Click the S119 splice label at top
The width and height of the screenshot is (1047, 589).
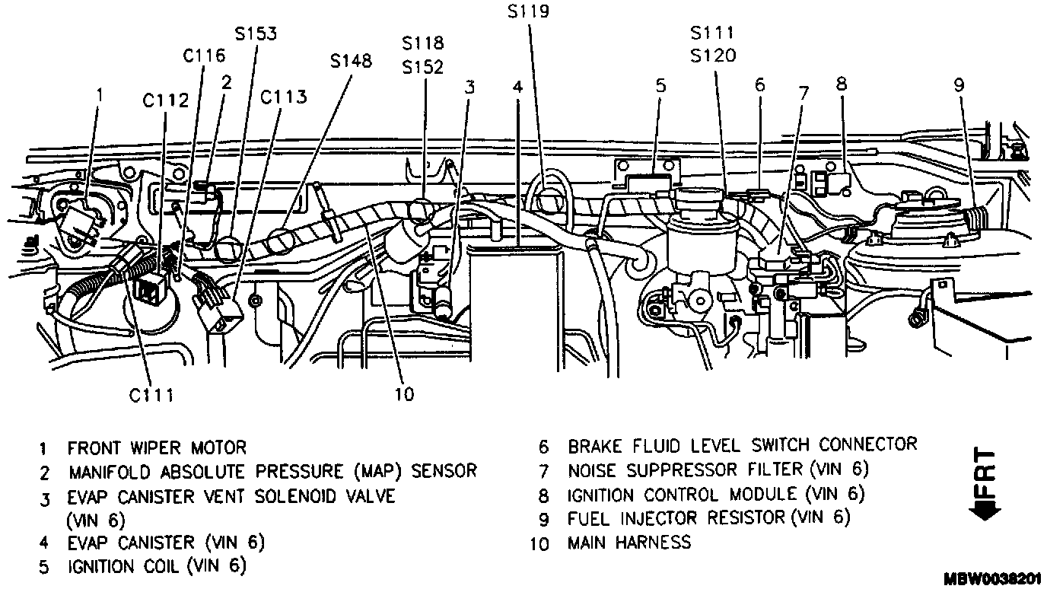point(528,11)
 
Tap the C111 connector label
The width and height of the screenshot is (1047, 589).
point(151,396)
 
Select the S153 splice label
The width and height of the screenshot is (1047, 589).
point(256,33)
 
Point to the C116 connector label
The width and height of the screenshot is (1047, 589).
point(204,56)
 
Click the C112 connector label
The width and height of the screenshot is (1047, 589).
point(165,100)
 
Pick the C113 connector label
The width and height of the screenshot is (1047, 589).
point(283,97)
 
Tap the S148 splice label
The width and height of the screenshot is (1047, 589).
point(351,61)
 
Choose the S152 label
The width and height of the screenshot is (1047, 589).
point(422,68)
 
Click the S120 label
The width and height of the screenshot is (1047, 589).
point(713,56)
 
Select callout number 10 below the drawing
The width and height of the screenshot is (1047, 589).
point(404,394)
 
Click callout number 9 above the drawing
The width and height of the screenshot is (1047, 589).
point(959,85)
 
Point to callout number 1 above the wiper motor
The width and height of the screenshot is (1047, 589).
point(99,95)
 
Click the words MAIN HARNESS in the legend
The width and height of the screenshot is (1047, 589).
point(629,543)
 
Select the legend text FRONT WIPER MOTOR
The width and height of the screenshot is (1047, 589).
point(157,447)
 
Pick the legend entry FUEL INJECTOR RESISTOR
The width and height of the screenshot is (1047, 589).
point(676,518)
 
